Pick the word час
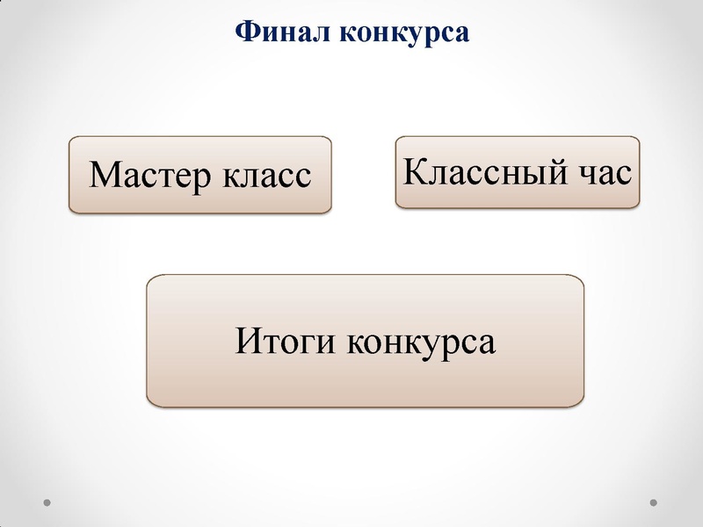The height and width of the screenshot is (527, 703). pyautogui.click(x=604, y=171)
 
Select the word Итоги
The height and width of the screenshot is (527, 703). pyautogui.click(x=286, y=341)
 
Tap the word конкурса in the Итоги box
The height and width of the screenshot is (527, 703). pyautogui.click(x=421, y=341)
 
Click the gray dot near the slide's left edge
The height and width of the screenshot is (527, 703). pyautogui.click(x=48, y=503)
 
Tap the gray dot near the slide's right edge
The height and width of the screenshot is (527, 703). pyautogui.click(x=653, y=503)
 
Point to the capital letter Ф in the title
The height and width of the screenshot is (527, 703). pyautogui.click(x=246, y=32)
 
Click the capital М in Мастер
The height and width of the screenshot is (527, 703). pyautogui.click(x=105, y=175)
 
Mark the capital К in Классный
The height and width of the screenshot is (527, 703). pyautogui.click(x=415, y=170)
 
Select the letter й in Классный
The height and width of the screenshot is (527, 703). pyautogui.click(x=555, y=170)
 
